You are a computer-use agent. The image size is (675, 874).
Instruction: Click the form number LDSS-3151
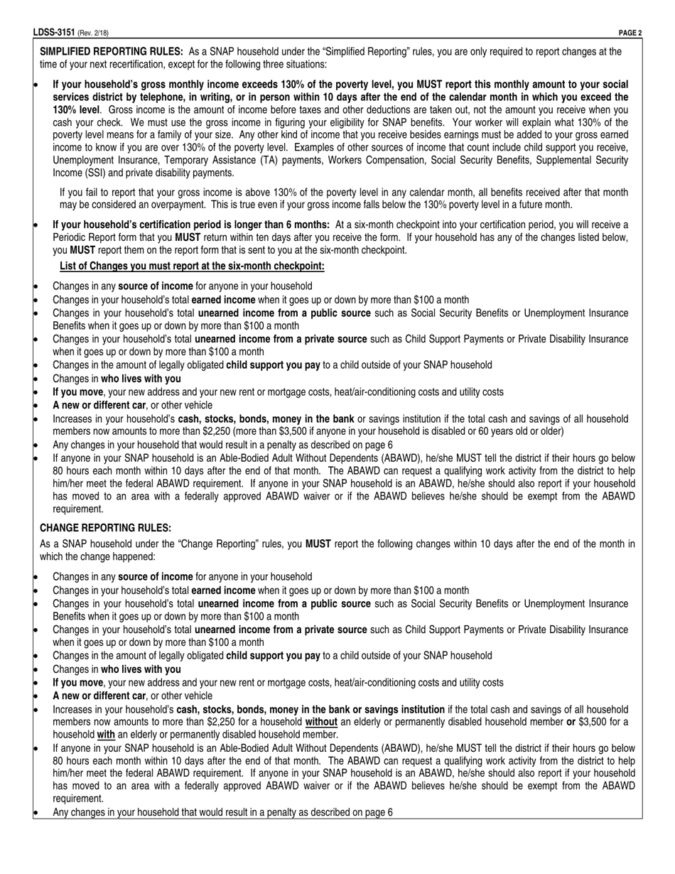(x=54, y=33)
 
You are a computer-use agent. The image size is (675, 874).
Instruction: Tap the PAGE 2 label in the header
(x=630, y=33)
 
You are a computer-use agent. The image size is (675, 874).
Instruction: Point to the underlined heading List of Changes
(x=192, y=266)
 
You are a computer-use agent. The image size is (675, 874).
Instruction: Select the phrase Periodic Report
(x=86, y=237)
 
